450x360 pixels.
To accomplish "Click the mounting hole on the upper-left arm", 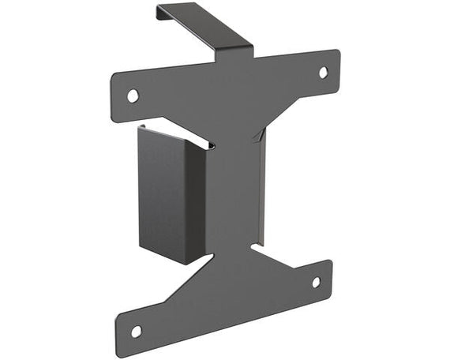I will [x=133, y=96].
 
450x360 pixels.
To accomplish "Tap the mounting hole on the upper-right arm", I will [x=323, y=72].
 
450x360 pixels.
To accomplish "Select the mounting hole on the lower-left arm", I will [x=136, y=331].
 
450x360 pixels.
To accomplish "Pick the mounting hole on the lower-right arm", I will [x=316, y=282].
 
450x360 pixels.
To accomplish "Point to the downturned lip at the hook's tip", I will [x=160, y=11].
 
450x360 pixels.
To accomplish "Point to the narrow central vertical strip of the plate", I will [x=233, y=189].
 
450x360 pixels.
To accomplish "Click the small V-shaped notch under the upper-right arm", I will [x=257, y=136].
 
